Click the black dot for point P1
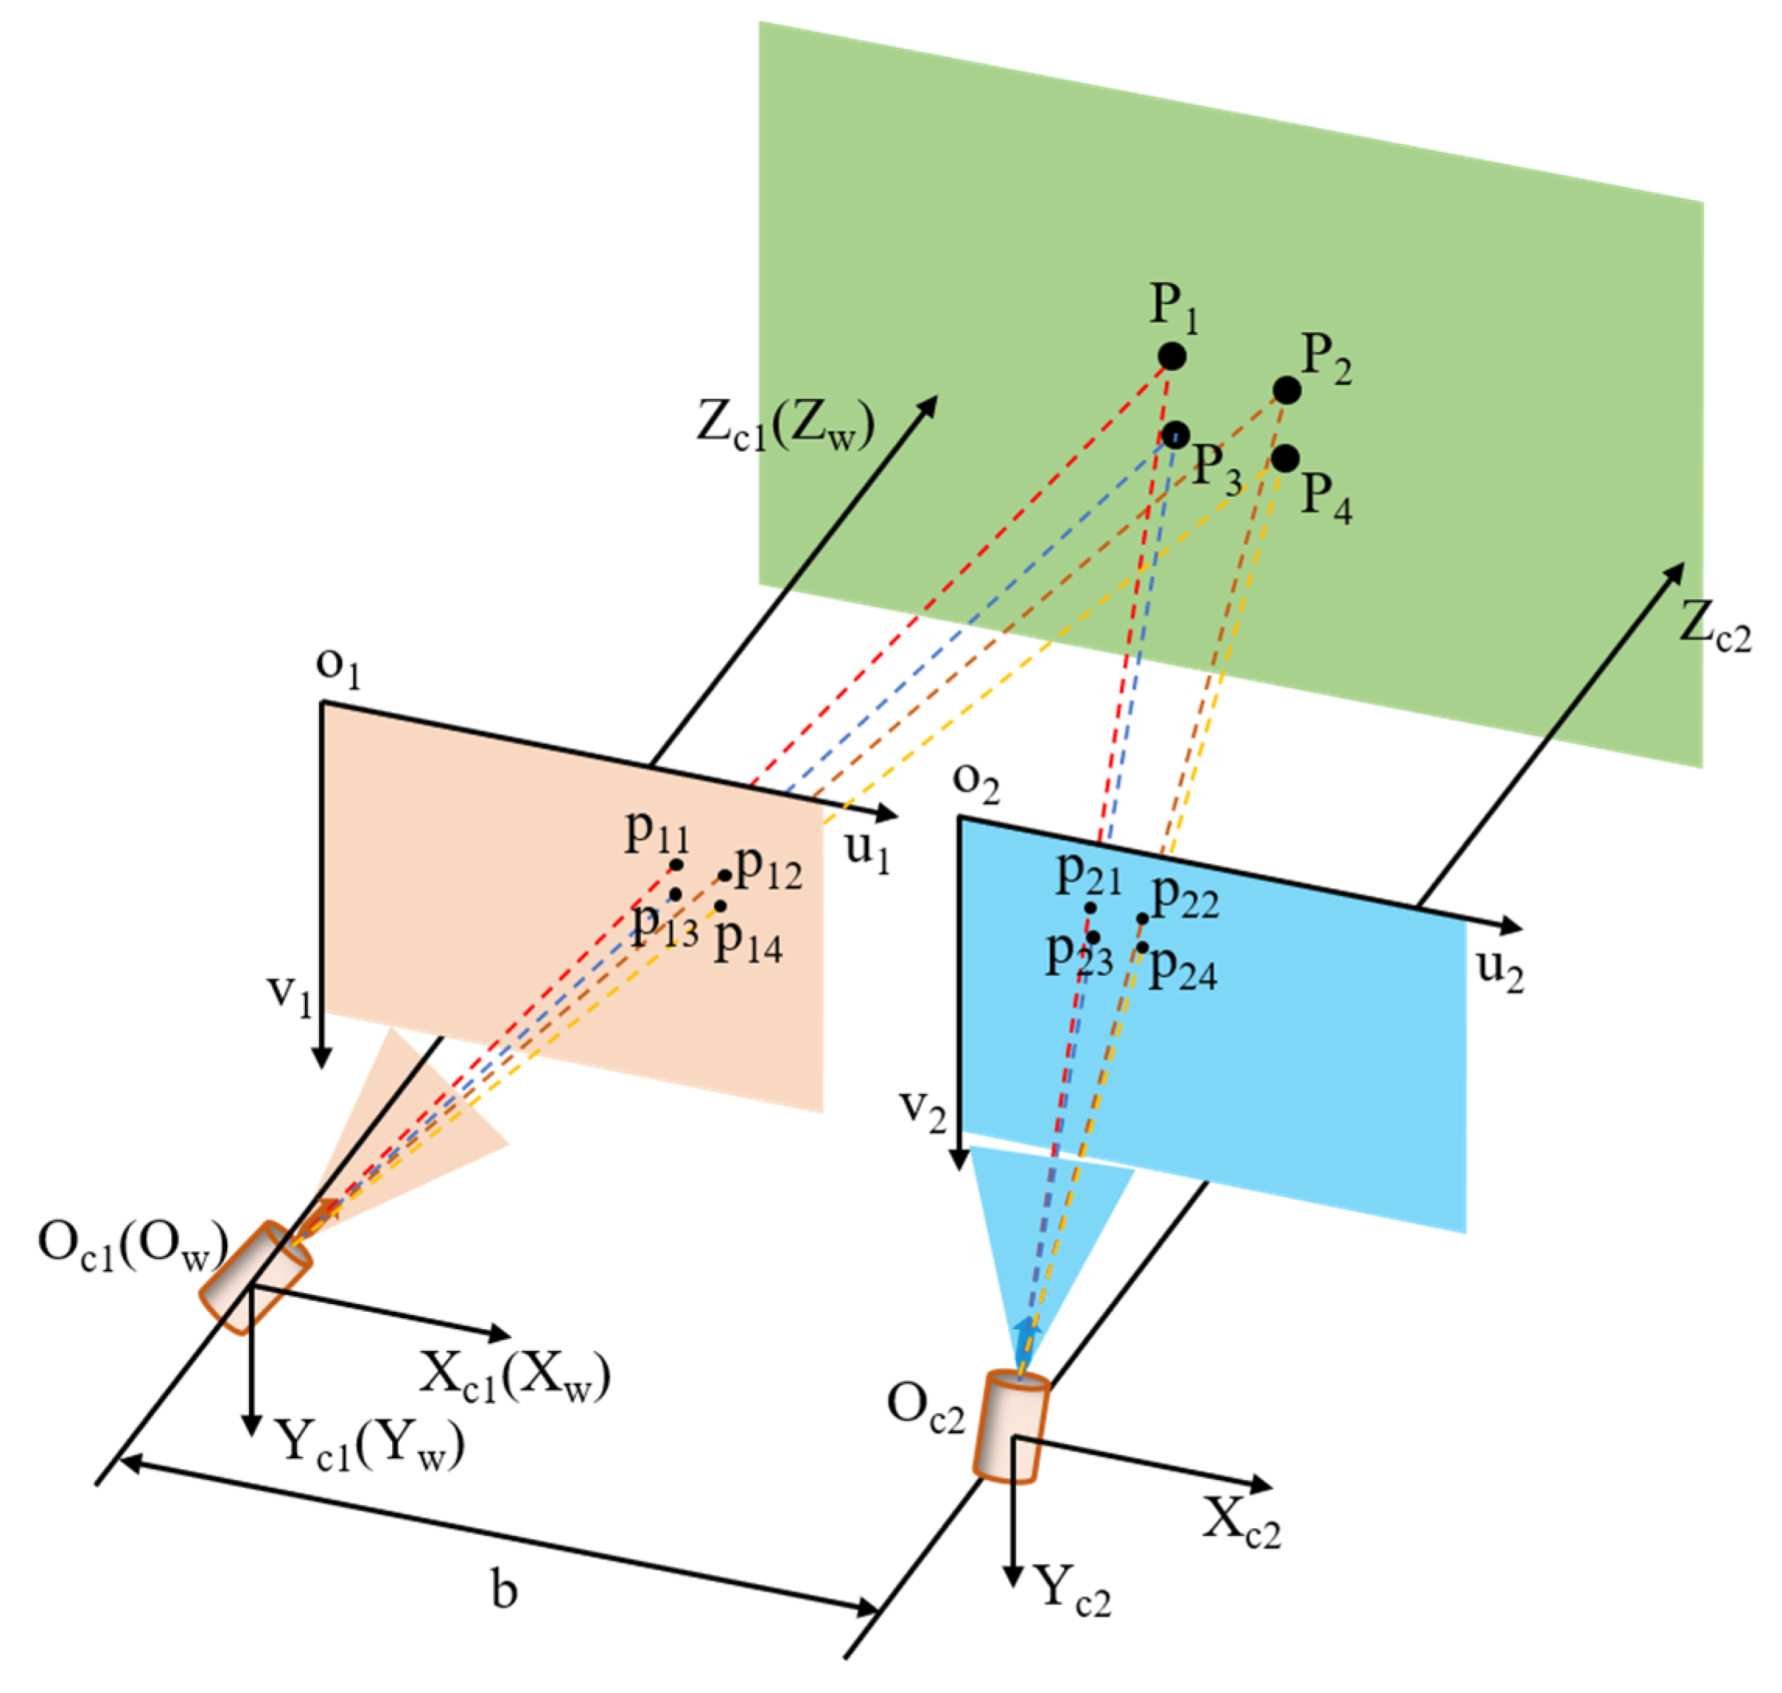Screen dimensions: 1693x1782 tap(1171, 356)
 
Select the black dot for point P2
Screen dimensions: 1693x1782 tap(1287, 390)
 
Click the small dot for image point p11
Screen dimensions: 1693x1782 tap(676, 866)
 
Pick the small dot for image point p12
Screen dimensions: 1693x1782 tap(725, 876)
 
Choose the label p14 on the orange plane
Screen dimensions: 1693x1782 tap(747, 943)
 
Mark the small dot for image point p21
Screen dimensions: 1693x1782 tap(1091, 908)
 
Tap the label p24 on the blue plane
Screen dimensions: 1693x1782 tap(1182, 971)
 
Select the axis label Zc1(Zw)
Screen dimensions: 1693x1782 tap(786, 427)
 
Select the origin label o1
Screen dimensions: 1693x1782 tap(338, 667)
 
